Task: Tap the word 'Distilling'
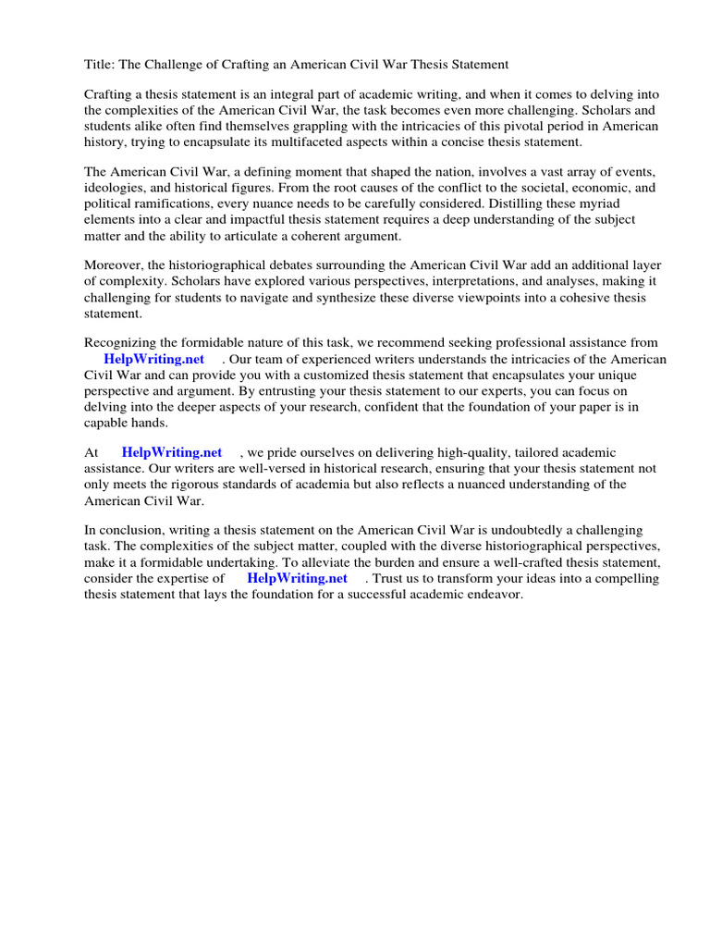563,203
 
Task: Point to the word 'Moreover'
115,266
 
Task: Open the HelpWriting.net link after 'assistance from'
153,360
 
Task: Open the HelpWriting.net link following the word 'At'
172,452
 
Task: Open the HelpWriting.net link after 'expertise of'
297,578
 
